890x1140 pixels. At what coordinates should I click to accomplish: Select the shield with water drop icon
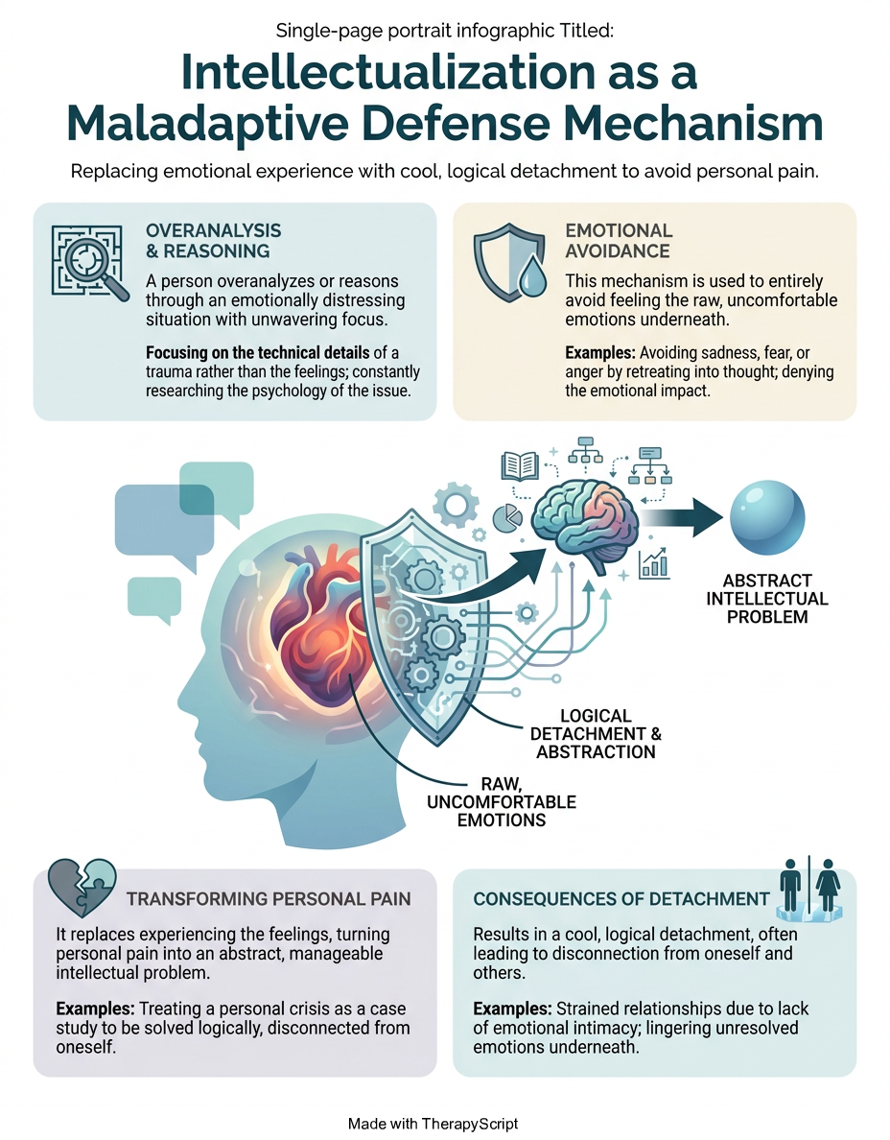509,263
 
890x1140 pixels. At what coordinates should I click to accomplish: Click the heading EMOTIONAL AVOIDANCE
619,241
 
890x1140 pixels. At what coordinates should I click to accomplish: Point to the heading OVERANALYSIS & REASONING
214,241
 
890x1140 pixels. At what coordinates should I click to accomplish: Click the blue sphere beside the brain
767,517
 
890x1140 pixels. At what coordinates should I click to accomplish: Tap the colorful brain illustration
586,524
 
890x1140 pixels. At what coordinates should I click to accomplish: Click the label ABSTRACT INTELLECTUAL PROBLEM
767,599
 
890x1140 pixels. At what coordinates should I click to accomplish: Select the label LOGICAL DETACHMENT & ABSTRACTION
596,733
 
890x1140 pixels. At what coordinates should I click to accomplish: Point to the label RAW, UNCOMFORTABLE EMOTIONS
502,802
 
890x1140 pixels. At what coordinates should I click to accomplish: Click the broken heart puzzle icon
82,888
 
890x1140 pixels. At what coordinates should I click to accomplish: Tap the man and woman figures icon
808,889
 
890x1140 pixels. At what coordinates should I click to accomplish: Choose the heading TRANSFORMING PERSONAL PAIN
269,898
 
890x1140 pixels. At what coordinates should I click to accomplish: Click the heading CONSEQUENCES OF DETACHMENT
621,898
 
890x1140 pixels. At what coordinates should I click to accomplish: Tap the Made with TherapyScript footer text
433,1124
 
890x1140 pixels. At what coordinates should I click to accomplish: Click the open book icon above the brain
520,465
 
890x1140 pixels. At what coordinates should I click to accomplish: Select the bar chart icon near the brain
654,563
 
